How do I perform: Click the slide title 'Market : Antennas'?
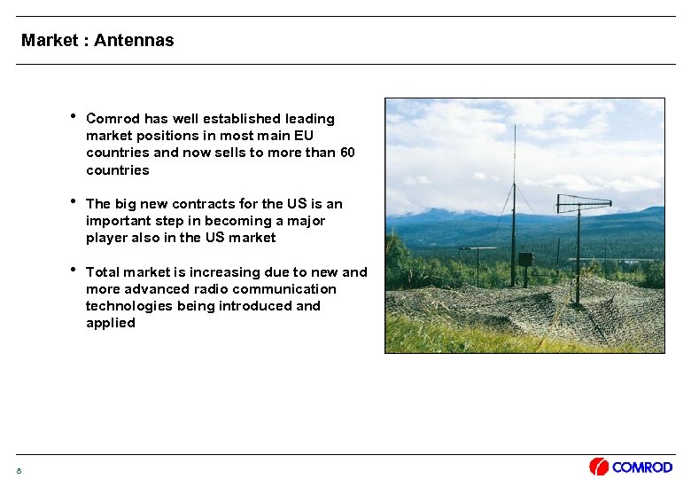click(97, 40)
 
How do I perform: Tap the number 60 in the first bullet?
click(347, 153)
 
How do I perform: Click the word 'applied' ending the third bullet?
click(111, 323)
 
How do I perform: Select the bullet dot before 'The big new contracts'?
click(72, 202)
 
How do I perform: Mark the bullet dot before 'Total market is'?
click(72, 271)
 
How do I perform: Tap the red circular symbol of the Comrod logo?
click(599, 467)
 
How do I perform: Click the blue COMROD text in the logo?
click(641, 467)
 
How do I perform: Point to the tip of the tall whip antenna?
click(514, 127)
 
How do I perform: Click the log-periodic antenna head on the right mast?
click(583, 203)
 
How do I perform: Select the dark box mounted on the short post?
click(525, 259)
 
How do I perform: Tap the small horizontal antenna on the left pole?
click(477, 249)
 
